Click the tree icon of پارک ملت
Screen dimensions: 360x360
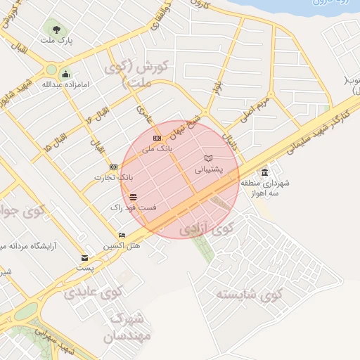(x=55, y=30)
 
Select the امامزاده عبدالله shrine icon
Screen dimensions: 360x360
(x=65, y=74)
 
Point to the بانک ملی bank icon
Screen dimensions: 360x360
(x=157, y=138)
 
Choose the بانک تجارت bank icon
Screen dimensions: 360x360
(x=113, y=167)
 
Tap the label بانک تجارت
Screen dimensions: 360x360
(x=113, y=177)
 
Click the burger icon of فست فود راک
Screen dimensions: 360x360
(x=133, y=197)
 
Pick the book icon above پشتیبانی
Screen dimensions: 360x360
(x=208, y=158)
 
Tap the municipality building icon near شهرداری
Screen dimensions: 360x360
(x=264, y=172)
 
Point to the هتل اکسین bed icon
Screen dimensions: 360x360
(x=122, y=236)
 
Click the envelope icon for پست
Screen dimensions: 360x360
(x=85, y=258)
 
